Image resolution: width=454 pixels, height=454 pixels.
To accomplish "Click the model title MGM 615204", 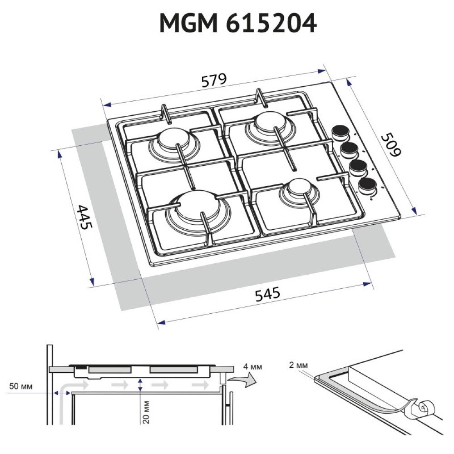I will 238,24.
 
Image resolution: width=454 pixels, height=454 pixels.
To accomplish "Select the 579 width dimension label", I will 213,80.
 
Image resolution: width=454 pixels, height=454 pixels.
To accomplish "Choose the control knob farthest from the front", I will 340,132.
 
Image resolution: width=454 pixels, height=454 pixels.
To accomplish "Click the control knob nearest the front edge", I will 367,185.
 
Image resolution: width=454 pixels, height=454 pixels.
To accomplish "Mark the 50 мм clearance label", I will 20,386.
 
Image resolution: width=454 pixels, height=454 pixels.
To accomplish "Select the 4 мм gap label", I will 253,366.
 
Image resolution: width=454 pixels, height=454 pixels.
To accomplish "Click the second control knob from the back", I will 349,149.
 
